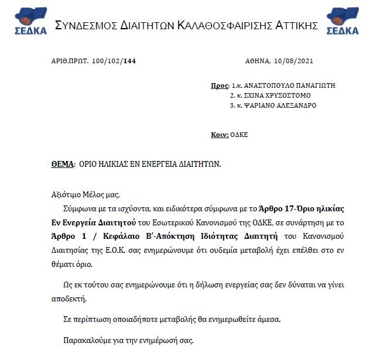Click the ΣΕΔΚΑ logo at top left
tap(26, 22)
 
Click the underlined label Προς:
tap(220, 85)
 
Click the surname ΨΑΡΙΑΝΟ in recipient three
tap(259, 105)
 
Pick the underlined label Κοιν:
tap(220, 135)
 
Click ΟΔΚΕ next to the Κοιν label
tap(240, 135)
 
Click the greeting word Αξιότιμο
tap(66, 196)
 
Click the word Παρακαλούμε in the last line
tap(87, 340)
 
